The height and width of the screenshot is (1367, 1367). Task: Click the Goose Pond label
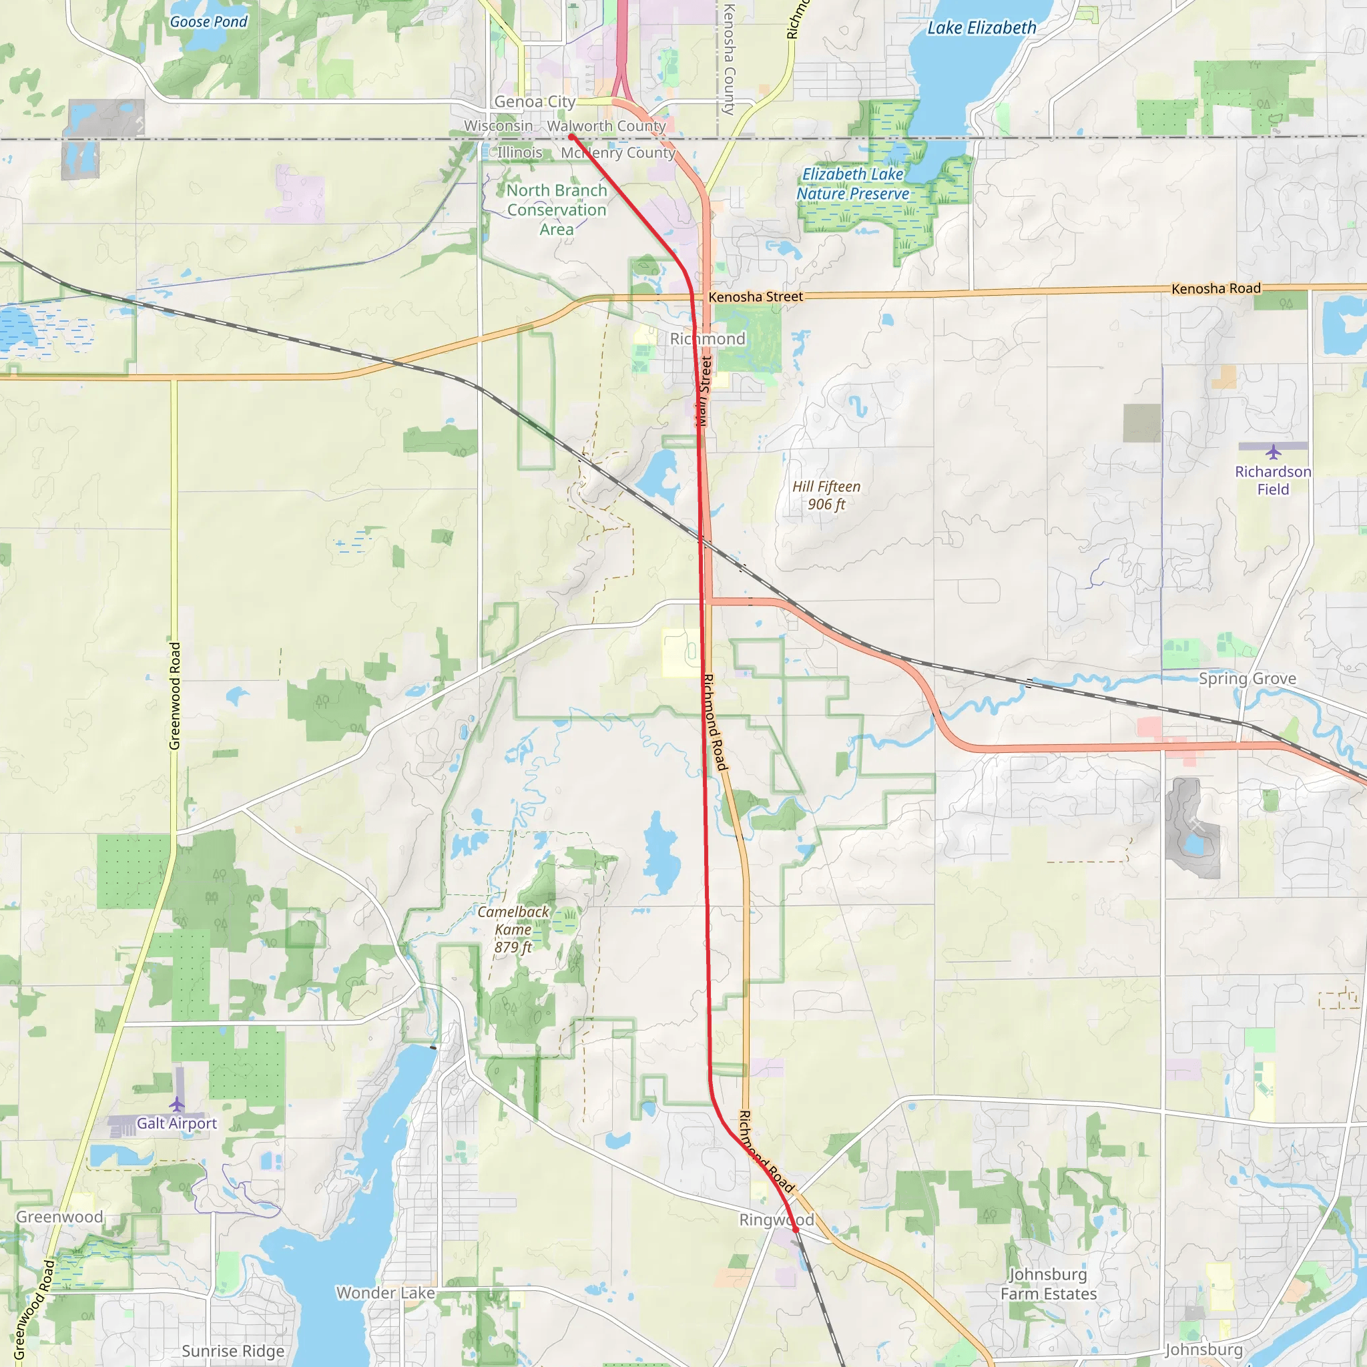click(209, 22)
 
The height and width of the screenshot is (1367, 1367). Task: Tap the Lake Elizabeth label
click(981, 28)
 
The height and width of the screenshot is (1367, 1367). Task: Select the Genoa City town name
click(534, 102)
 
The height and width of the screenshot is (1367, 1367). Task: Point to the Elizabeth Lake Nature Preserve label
click(852, 184)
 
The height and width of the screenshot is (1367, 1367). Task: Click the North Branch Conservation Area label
click(557, 210)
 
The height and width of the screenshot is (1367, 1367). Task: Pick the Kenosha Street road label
click(756, 297)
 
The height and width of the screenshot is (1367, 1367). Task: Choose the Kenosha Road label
click(1215, 288)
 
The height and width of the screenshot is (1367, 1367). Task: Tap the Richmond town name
click(708, 339)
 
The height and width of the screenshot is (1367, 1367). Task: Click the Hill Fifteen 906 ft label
click(826, 495)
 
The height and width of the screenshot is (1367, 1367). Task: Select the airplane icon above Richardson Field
click(1273, 451)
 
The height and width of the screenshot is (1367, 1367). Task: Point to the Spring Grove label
click(1248, 679)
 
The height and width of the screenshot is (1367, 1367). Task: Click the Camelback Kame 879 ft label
click(513, 929)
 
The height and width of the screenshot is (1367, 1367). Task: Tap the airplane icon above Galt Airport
click(177, 1104)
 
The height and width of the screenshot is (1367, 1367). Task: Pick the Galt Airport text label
click(177, 1123)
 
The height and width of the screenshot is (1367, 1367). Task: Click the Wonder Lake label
click(386, 1293)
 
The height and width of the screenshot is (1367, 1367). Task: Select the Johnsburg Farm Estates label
click(1048, 1284)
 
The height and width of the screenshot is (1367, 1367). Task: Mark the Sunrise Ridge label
click(233, 1351)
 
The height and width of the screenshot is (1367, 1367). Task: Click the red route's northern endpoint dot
click(571, 137)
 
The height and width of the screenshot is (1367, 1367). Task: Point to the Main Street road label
click(704, 391)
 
